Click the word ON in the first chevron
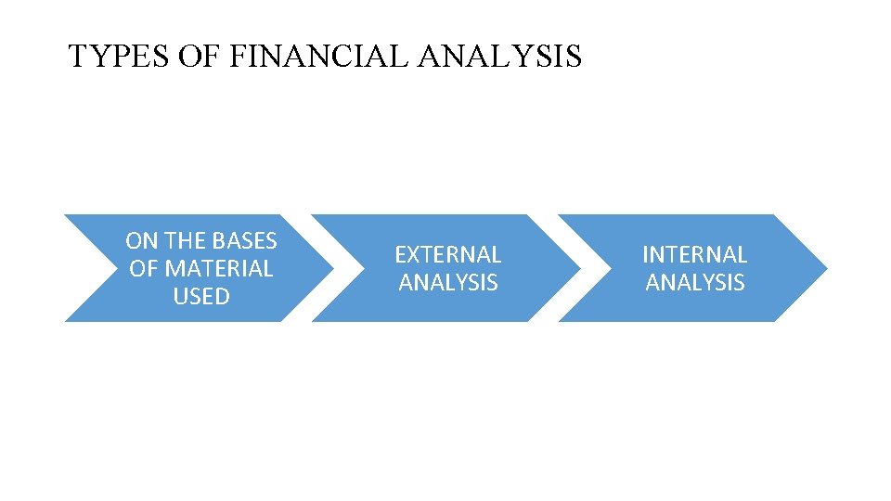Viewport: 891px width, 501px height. tap(142, 241)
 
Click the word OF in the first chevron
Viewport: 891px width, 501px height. tap(144, 269)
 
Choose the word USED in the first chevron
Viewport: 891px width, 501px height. tap(201, 297)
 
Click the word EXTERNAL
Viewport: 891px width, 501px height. tap(448, 254)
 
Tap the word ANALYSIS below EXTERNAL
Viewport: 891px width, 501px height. tap(448, 282)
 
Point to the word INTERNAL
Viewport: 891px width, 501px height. tap(695, 254)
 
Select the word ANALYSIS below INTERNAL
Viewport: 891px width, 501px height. tap(695, 282)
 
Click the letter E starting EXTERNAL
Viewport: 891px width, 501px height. tap(401, 254)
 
